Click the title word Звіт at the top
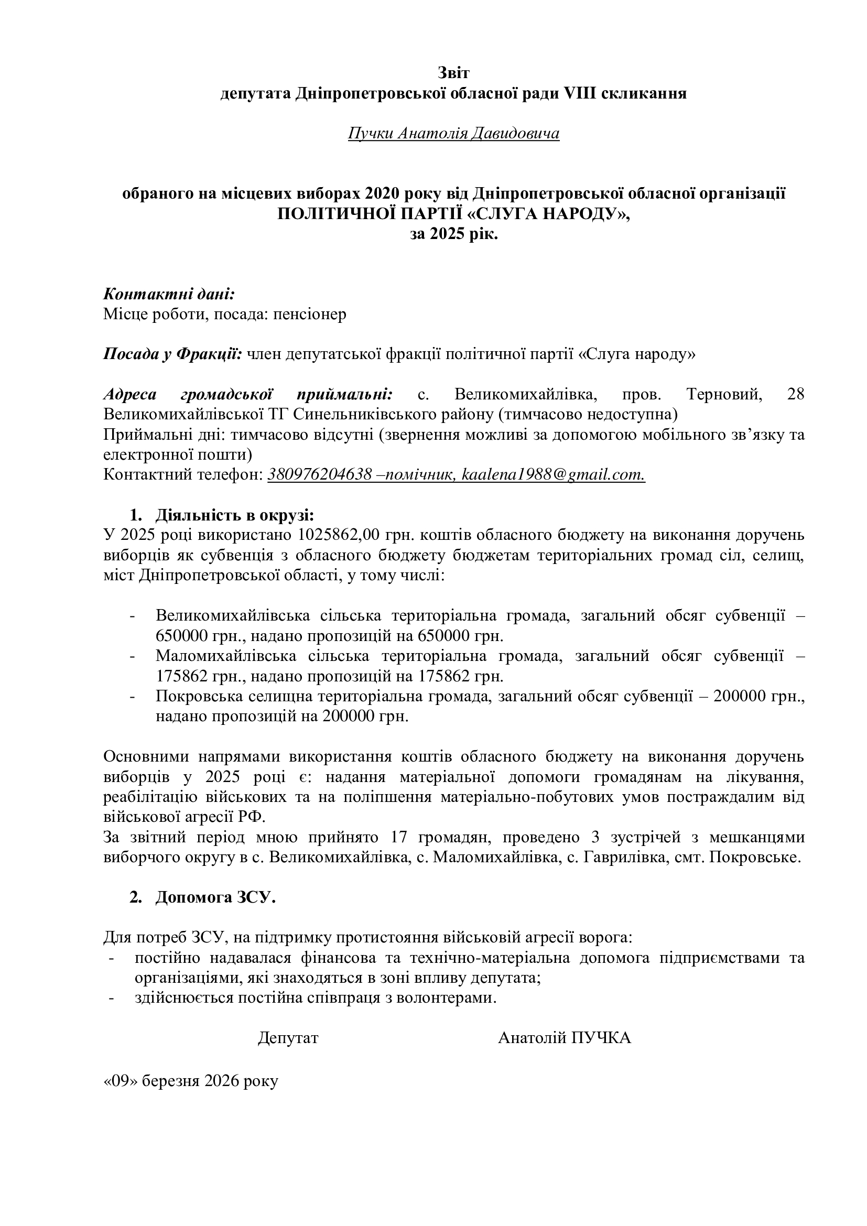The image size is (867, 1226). (453, 72)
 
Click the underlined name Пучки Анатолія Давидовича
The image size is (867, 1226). (453, 133)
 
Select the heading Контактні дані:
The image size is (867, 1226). (169, 294)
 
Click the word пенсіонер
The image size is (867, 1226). (310, 314)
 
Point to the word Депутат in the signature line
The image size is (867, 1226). (288, 1038)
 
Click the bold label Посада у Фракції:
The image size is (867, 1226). (172, 354)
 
